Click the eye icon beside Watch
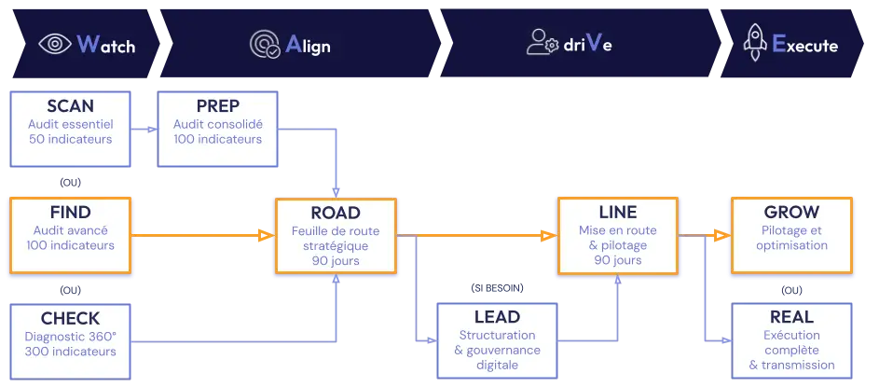coord(55,44)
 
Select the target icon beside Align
coord(264,44)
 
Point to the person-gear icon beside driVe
coord(542,43)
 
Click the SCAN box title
coord(70,106)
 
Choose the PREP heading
coord(218,106)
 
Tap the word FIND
coord(70,212)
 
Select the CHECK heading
coord(70,319)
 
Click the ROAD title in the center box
coord(335,213)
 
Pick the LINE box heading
coord(616,213)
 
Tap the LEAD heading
coord(497,317)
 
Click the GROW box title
coord(791,212)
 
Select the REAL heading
coord(792,317)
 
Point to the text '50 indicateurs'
coord(70,140)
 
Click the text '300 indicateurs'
coord(70,352)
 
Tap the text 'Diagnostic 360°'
coord(70,336)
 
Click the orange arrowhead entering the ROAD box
coord(262,236)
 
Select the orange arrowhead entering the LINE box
coord(545,236)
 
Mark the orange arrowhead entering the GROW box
coord(719,236)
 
